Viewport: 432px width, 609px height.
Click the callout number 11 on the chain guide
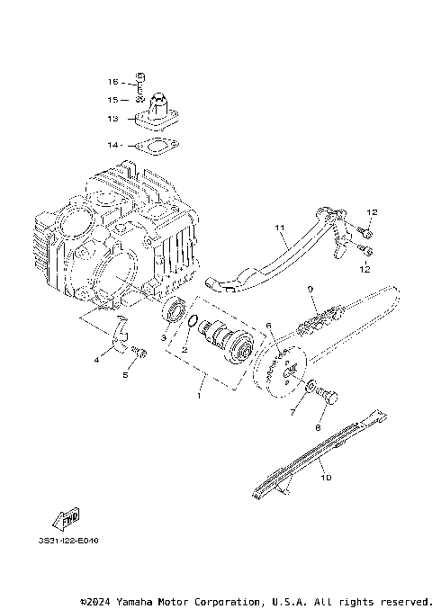click(279, 228)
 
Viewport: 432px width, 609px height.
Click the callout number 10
click(326, 478)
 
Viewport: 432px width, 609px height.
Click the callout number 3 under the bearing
click(164, 337)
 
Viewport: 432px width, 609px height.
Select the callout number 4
click(96, 360)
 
